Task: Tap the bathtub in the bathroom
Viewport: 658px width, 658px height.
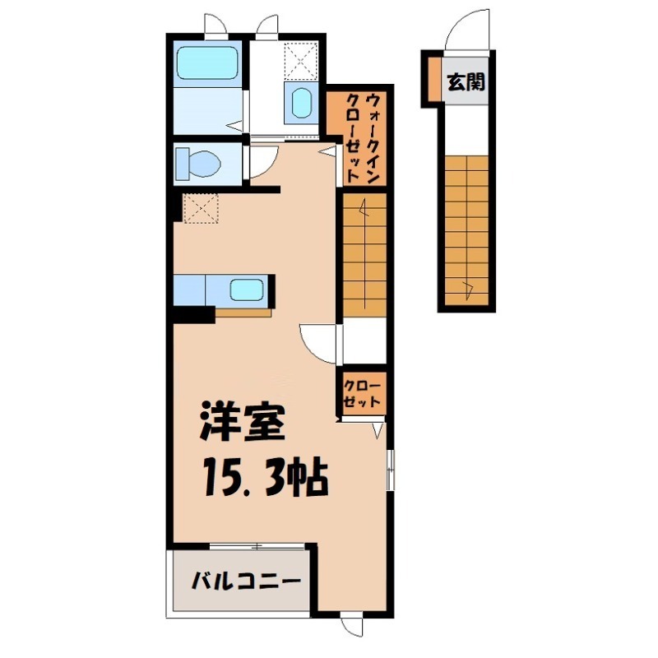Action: click(x=206, y=61)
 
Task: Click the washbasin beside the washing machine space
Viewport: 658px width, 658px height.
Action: click(x=300, y=103)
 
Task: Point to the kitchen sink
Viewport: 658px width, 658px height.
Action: click(x=247, y=290)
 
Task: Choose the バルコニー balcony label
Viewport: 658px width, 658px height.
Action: click(x=245, y=582)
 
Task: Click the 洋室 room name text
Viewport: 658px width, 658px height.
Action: click(x=243, y=426)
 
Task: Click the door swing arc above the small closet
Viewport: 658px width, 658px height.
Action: click(x=317, y=341)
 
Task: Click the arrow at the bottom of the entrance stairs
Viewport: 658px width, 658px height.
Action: click(x=468, y=287)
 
